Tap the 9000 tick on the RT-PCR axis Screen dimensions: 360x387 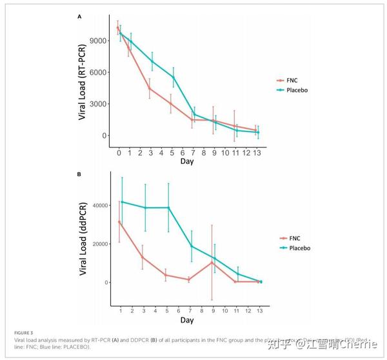pyautogui.click(x=99, y=41)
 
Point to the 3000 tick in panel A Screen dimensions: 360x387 pyautogui.click(x=99, y=104)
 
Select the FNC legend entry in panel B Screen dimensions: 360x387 pyautogui.click(x=294, y=237)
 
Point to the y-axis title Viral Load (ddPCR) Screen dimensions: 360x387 pyautogui.click(x=83, y=241)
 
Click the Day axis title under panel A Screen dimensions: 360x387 pyautogui.click(x=187, y=161)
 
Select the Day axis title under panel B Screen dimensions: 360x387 pyautogui.click(x=187, y=319)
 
